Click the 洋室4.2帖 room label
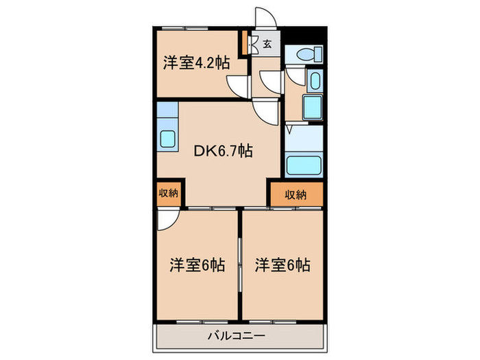click(195, 63)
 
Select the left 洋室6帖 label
click(197, 265)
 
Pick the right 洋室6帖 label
click(283, 265)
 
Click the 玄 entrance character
click(267, 45)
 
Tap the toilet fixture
click(304, 53)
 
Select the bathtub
click(303, 165)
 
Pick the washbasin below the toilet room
click(314, 82)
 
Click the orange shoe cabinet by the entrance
click(243, 43)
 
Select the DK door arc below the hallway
click(267, 110)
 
